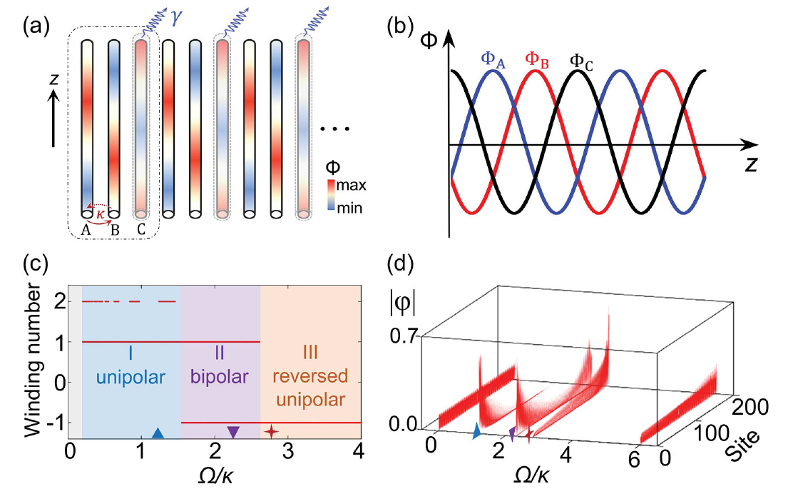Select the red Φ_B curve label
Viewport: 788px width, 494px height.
tap(538, 59)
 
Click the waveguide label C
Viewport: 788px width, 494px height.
tap(140, 230)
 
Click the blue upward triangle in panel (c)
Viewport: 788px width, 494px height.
tap(158, 433)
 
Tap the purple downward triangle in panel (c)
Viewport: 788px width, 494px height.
tap(233, 432)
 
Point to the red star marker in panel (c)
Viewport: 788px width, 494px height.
tap(271, 432)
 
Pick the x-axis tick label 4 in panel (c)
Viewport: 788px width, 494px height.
tap(359, 454)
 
